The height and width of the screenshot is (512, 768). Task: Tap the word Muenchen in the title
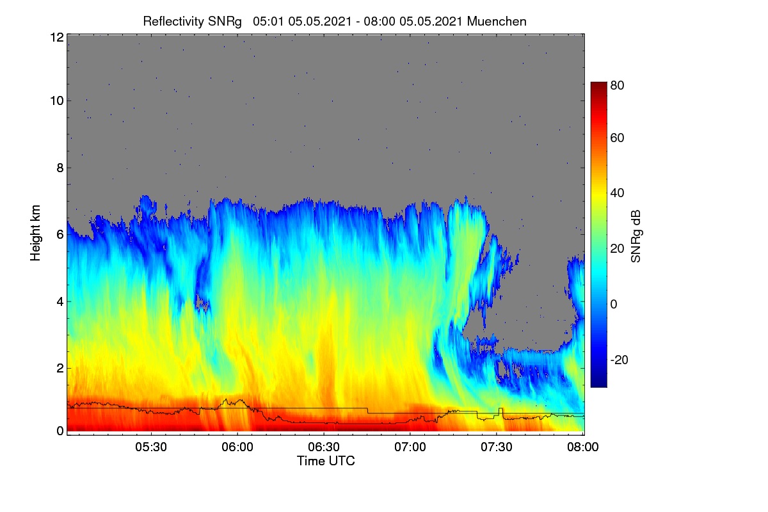(x=497, y=21)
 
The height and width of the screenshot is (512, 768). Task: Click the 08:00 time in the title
(x=380, y=21)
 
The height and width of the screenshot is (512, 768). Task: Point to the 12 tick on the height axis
(x=57, y=37)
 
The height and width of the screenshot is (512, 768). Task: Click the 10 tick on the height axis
(x=57, y=101)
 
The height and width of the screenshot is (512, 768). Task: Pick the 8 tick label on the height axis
(x=60, y=168)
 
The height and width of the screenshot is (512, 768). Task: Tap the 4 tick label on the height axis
(x=60, y=302)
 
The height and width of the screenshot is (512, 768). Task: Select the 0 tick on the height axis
(x=60, y=431)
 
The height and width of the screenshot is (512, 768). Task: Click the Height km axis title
(x=35, y=233)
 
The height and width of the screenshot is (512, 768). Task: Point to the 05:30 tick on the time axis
(x=151, y=447)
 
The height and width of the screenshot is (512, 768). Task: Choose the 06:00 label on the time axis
(x=237, y=447)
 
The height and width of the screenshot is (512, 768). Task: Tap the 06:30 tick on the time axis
(x=324, y=447)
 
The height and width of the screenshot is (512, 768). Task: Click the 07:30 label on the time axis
(x=497, y=447)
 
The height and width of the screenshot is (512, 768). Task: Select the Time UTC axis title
(x=326, y=461)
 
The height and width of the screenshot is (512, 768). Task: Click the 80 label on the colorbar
(x=617, y=85)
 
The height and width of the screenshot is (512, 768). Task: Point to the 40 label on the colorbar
(x=617, y=193)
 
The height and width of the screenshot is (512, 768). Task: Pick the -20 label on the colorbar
(x=620, y=360)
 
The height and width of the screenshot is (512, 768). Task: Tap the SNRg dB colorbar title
(x=636, y=236)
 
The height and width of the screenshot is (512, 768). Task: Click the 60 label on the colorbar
(x=617, y=138)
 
